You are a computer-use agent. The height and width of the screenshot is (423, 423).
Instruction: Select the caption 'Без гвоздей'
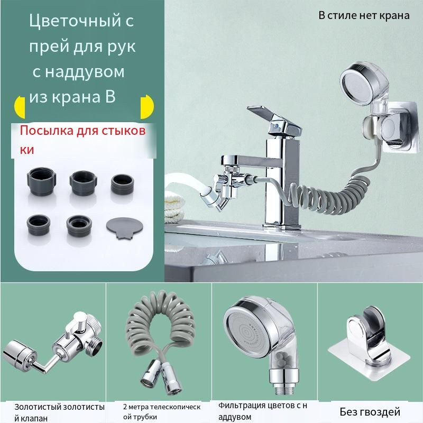click(370, 412)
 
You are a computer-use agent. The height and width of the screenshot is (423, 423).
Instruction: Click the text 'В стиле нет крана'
click(364, 15)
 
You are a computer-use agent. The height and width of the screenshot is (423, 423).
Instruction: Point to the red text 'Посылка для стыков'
click(83, 131)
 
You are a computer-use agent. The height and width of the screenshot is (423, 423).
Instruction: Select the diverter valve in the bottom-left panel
click(53, 345)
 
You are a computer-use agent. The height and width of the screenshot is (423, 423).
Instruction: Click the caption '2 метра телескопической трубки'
click(162, 411)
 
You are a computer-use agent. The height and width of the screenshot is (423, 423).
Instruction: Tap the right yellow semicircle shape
click(148, 107)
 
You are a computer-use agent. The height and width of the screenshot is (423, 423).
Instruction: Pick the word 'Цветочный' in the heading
click(75, 21)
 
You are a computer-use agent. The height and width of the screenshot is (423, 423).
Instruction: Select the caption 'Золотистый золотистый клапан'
click(59, 412)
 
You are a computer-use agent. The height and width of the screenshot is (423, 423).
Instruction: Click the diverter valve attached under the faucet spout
click(226, 188)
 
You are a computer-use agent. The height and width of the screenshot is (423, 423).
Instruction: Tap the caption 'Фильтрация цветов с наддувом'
click(262, 411)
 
